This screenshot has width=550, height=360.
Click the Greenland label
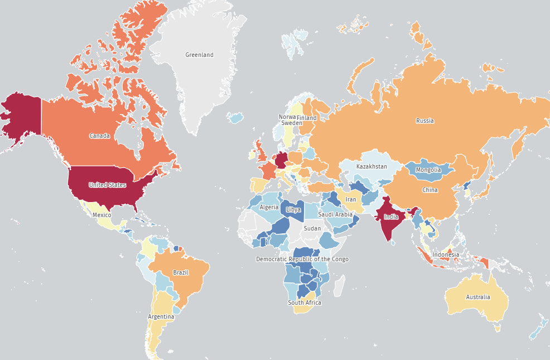[x=199, y=55]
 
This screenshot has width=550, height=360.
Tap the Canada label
[x=99, y=136]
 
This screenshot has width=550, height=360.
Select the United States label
[x=107, y=185]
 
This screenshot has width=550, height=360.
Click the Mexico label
[x=102, y=215]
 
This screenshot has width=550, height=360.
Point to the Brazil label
[x=181, y=272]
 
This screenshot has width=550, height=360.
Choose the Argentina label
[x=161, y=316]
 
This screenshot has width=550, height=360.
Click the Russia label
[x=424, y=121]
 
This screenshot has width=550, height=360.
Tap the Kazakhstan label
[x=372, y=166]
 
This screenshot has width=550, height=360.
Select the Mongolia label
[x=428, y=170]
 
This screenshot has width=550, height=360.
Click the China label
[x=430, y=190]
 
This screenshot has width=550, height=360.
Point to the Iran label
[x=351, y=199]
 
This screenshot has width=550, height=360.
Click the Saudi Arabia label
[x=335, y=214]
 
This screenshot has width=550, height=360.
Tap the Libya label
[x=293, y=209]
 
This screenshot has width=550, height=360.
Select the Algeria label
[x=269, y=207]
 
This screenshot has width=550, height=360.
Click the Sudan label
[x=312, y=228]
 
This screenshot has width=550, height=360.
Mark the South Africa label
[x=305, y=303]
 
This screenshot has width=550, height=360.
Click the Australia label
[x=478, y=297]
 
